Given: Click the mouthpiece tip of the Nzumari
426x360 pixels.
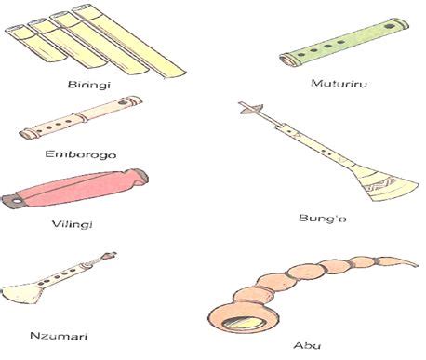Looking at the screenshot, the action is tap(113, 253).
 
